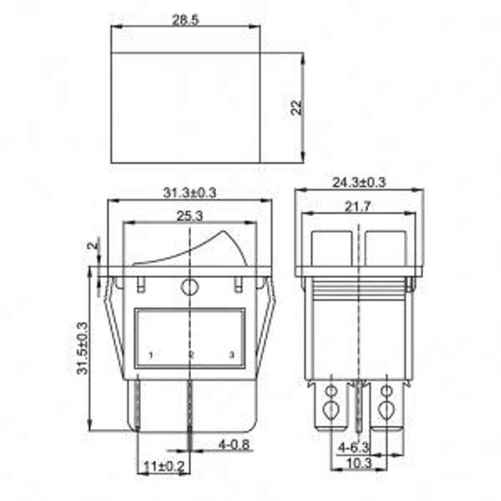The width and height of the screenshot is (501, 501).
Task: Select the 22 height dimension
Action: pos(298,107)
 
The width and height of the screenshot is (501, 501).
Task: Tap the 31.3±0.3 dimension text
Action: pos(190,193)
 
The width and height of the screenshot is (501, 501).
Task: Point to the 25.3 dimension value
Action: pos(190,216)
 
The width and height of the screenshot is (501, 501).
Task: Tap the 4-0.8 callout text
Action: pos(234,444)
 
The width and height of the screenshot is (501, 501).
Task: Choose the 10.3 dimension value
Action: pos(359,463)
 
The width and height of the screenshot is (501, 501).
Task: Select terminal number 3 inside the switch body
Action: pos(231,355)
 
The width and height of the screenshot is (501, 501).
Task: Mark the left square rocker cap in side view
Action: pos(331,248)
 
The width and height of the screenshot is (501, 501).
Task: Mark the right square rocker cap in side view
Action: pos(385,248)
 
